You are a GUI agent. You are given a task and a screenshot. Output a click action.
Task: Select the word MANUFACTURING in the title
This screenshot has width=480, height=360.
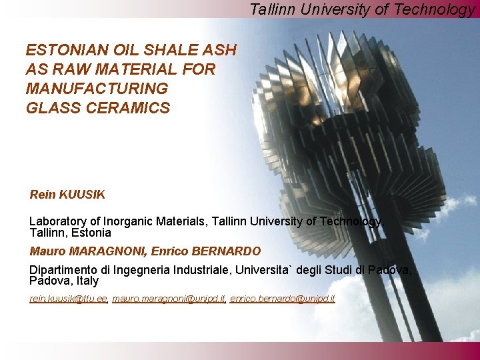coord(97,89)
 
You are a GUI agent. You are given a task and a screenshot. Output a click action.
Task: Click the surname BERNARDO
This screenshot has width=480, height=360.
coord(226,251)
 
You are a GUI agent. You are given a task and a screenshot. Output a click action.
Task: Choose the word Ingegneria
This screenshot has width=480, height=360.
coord(143,270)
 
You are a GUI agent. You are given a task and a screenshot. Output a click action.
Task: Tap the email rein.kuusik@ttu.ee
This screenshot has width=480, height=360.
coord(68,299)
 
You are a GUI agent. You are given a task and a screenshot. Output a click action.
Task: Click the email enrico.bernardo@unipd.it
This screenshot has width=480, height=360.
coord(282,299)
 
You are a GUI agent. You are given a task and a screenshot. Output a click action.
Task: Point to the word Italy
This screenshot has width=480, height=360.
coord(85,281)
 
